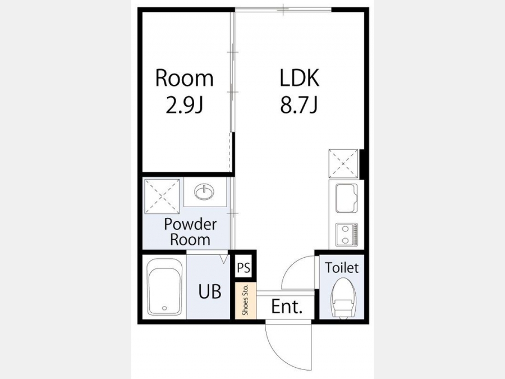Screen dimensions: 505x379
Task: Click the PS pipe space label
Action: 244,268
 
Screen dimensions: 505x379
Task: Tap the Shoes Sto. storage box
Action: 245,300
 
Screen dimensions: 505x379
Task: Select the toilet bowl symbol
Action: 343,298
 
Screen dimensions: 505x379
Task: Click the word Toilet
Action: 341,268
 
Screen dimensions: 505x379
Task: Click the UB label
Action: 210,291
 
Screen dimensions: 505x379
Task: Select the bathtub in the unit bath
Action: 165,287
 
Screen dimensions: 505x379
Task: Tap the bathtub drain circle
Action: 164,308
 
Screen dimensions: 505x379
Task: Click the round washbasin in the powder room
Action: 204,192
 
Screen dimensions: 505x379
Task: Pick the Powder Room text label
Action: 190,232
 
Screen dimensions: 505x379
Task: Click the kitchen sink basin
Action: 347,198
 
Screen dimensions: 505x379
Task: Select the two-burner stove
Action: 347,234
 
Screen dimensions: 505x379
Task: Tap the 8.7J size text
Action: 299,105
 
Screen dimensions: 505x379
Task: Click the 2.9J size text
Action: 184,105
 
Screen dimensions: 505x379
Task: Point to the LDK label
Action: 299,77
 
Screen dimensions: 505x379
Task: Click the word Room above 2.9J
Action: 184,78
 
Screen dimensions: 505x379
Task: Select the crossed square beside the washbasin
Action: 162,197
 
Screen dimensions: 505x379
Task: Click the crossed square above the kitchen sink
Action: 343,164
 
